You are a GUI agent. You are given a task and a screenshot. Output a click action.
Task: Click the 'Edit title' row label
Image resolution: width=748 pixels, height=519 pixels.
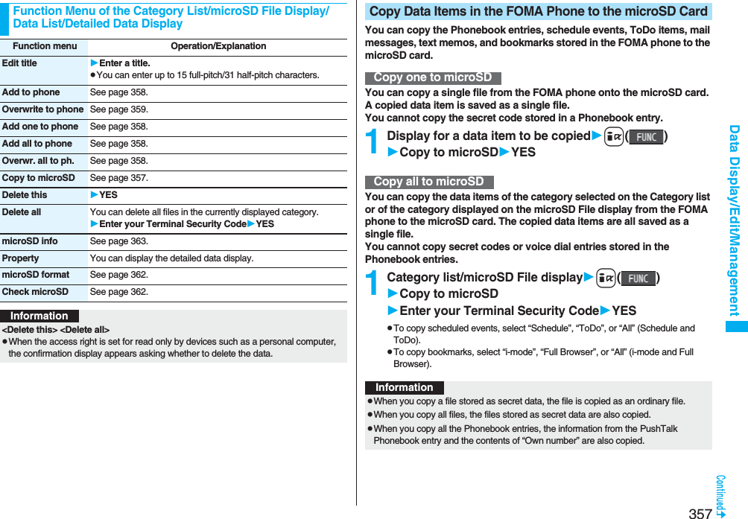coord(19,63)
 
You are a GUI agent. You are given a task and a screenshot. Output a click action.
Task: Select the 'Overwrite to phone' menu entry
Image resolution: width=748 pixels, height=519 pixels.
coord(42,109)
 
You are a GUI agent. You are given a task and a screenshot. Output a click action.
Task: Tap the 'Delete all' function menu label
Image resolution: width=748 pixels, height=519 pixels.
coord(22,212)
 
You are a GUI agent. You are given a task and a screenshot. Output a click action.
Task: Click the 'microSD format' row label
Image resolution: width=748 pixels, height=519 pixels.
coord(36,275)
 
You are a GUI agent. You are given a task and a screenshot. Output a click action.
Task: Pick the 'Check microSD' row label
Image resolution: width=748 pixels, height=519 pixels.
coord(35,292)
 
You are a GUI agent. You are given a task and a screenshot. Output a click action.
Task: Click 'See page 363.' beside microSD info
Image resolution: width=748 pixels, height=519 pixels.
coord(118,241)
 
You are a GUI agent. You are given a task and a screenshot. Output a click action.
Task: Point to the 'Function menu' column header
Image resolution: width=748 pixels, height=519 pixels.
coord(45,46)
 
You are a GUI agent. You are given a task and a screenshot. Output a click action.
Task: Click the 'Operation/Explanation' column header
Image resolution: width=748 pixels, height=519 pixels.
coord(218,46)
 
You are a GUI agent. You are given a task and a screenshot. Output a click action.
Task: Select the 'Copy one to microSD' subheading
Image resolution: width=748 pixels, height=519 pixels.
coord(433,78)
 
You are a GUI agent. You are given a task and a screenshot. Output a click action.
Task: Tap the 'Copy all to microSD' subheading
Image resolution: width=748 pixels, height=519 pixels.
coord(429,182)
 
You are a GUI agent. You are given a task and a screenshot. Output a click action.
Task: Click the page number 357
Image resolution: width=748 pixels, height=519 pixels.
coord(700,512)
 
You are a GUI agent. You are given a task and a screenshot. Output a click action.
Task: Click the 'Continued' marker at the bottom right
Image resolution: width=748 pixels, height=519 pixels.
coord(721,495)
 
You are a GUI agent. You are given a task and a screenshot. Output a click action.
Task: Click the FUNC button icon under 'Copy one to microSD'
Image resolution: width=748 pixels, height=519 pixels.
coord(646,137)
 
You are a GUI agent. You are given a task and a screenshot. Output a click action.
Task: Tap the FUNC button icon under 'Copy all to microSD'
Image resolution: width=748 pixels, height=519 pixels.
coord(638,278)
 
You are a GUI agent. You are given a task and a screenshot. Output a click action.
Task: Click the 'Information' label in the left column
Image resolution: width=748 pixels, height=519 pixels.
coord(39,316)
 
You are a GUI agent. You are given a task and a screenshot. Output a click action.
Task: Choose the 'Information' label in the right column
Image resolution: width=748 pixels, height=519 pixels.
coord(405,387)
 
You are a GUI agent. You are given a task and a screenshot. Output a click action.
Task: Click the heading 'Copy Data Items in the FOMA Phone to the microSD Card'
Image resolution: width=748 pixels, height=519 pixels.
coord(538,11)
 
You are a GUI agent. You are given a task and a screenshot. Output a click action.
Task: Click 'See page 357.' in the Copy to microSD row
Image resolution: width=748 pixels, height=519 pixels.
coord(118,178)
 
